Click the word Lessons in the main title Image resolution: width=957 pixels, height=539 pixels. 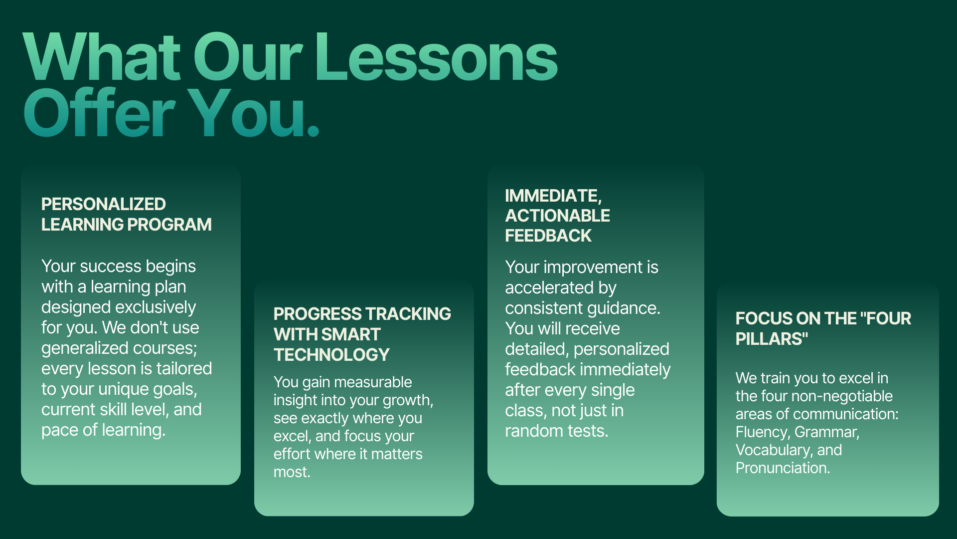coord(436,57)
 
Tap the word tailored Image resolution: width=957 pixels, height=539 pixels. coord(184,368)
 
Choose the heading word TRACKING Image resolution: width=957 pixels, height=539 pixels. coord(407,314)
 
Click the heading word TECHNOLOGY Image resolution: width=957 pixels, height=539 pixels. coord(331,355)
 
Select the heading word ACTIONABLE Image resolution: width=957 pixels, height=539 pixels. coord(557,216)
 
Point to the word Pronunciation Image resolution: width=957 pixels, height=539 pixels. coord(783,468)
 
